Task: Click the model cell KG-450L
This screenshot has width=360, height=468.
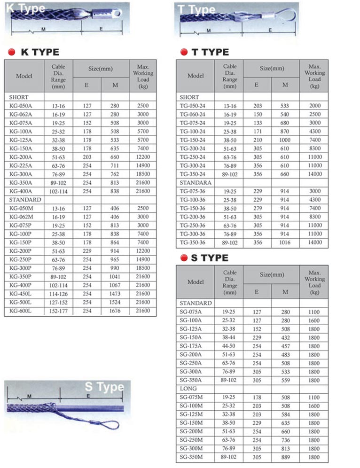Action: coord(20,294)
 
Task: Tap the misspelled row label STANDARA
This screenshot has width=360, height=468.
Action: coord(196,182)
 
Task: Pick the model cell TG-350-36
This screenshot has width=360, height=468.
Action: coord(193,242)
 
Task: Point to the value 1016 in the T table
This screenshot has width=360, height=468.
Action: coord(285,242)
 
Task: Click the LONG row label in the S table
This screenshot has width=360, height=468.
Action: coord(188,389)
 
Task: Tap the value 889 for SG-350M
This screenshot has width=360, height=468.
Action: coord(285,457)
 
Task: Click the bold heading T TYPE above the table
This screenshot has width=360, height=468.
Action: coord(210,52)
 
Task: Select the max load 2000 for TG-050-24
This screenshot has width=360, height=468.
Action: coord(315,106)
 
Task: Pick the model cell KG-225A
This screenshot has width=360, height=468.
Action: coord(21,165)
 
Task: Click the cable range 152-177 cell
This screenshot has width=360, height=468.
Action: coord(58,311)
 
